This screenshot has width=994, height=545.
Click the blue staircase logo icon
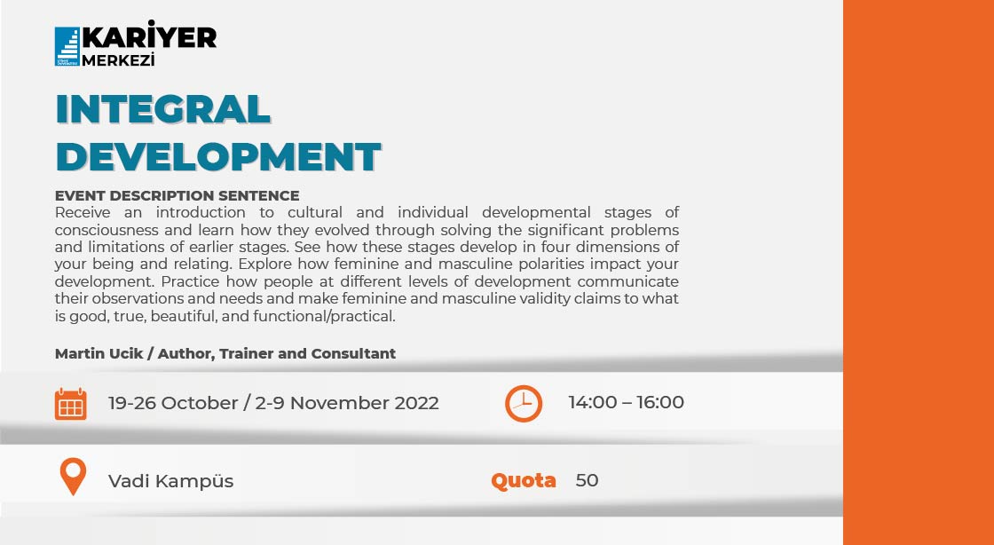[x=67, y=46]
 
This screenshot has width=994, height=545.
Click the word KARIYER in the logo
[x=149, y=36]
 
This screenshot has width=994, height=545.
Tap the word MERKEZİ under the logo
[x=118, y=60]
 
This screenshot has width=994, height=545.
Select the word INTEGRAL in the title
[x=162, y=109]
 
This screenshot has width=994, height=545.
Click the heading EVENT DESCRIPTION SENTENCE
[x=177, y=195]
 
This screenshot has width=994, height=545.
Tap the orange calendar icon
[x=71, y=404]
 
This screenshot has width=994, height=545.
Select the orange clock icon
[x=524, y=403]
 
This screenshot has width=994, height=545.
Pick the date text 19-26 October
[x=172, y=403]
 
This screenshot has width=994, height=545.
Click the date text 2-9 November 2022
[x=347, y=403]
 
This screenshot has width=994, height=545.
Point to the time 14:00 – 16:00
[x=626, y=402]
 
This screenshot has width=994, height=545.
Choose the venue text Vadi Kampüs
[x=170, y=481]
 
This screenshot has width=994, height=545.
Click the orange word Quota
[x=524, y=480]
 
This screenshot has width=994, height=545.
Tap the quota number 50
[x=587, y=480]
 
